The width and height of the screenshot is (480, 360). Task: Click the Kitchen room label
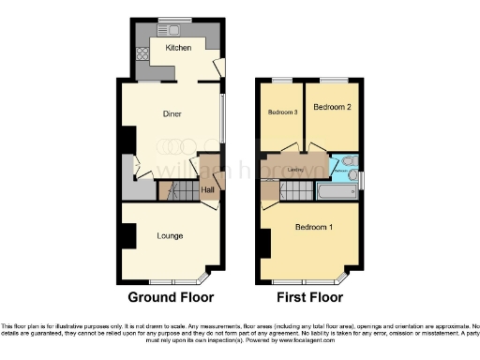(178, 47)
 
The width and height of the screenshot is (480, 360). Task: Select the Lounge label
(170, 235)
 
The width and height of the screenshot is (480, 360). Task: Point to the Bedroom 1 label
(313, 228)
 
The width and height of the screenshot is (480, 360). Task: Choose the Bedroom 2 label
(332, 108)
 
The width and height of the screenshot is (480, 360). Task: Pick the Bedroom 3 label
(282, 112)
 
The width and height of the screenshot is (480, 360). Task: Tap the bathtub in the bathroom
(336, 191)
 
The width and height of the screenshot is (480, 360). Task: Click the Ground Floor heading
(171, 297)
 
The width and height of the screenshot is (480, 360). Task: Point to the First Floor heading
(309, 297)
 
